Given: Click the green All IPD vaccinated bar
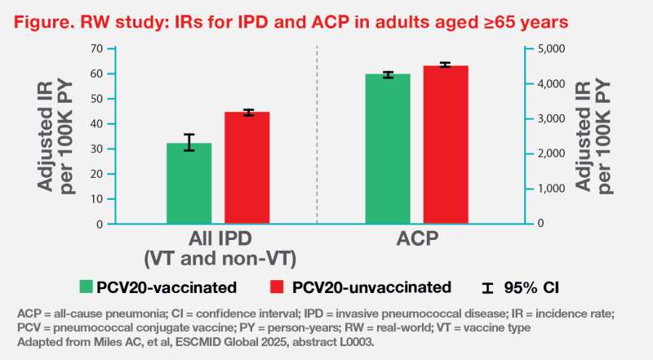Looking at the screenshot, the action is [x=189, y=184].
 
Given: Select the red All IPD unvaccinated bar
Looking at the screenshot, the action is [x=247, y=168].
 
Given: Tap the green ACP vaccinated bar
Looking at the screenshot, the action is [x=388, y=149].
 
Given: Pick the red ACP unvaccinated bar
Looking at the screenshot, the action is [x=446, y=144].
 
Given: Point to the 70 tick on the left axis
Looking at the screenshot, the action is [x=96, y=49].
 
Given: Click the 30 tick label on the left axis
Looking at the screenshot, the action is [x=96, y=149].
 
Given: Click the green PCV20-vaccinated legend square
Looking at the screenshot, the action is [x=86, y=287].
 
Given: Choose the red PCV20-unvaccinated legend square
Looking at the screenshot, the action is [x=277, y=287].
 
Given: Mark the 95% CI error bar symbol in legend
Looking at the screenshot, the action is [x=487, y=288].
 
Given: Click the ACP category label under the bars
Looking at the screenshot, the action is [x=417, y=238].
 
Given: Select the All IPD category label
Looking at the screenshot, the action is [x=220, y=238].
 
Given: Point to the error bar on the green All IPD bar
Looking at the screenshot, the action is [x=189, y=142].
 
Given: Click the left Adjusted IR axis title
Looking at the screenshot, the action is [x=55, y=136].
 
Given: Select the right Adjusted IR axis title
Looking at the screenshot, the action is [x=593, y=136].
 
